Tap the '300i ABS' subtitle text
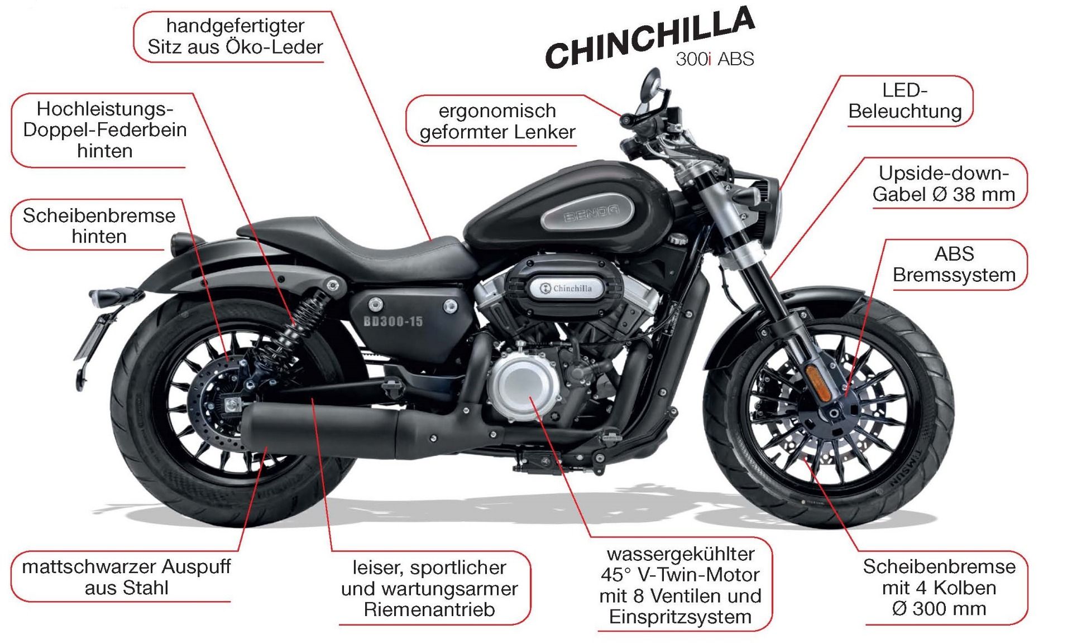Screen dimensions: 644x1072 [715, 59]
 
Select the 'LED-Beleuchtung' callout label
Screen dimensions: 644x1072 [904, 101]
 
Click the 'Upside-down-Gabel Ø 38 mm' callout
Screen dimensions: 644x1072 [944, 184]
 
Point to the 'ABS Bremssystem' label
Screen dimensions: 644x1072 [954, 265]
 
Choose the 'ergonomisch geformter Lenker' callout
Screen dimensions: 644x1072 [497, 121]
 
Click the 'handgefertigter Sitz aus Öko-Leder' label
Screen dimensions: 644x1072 [235, 36]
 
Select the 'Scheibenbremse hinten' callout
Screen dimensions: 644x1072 [99, 225]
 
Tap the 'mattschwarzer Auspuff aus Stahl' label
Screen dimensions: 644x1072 [126, 577]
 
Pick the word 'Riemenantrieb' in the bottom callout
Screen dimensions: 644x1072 [429, 609]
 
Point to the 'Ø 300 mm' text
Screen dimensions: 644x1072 [939, 608]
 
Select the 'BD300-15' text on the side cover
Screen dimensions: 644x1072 [393, 321]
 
